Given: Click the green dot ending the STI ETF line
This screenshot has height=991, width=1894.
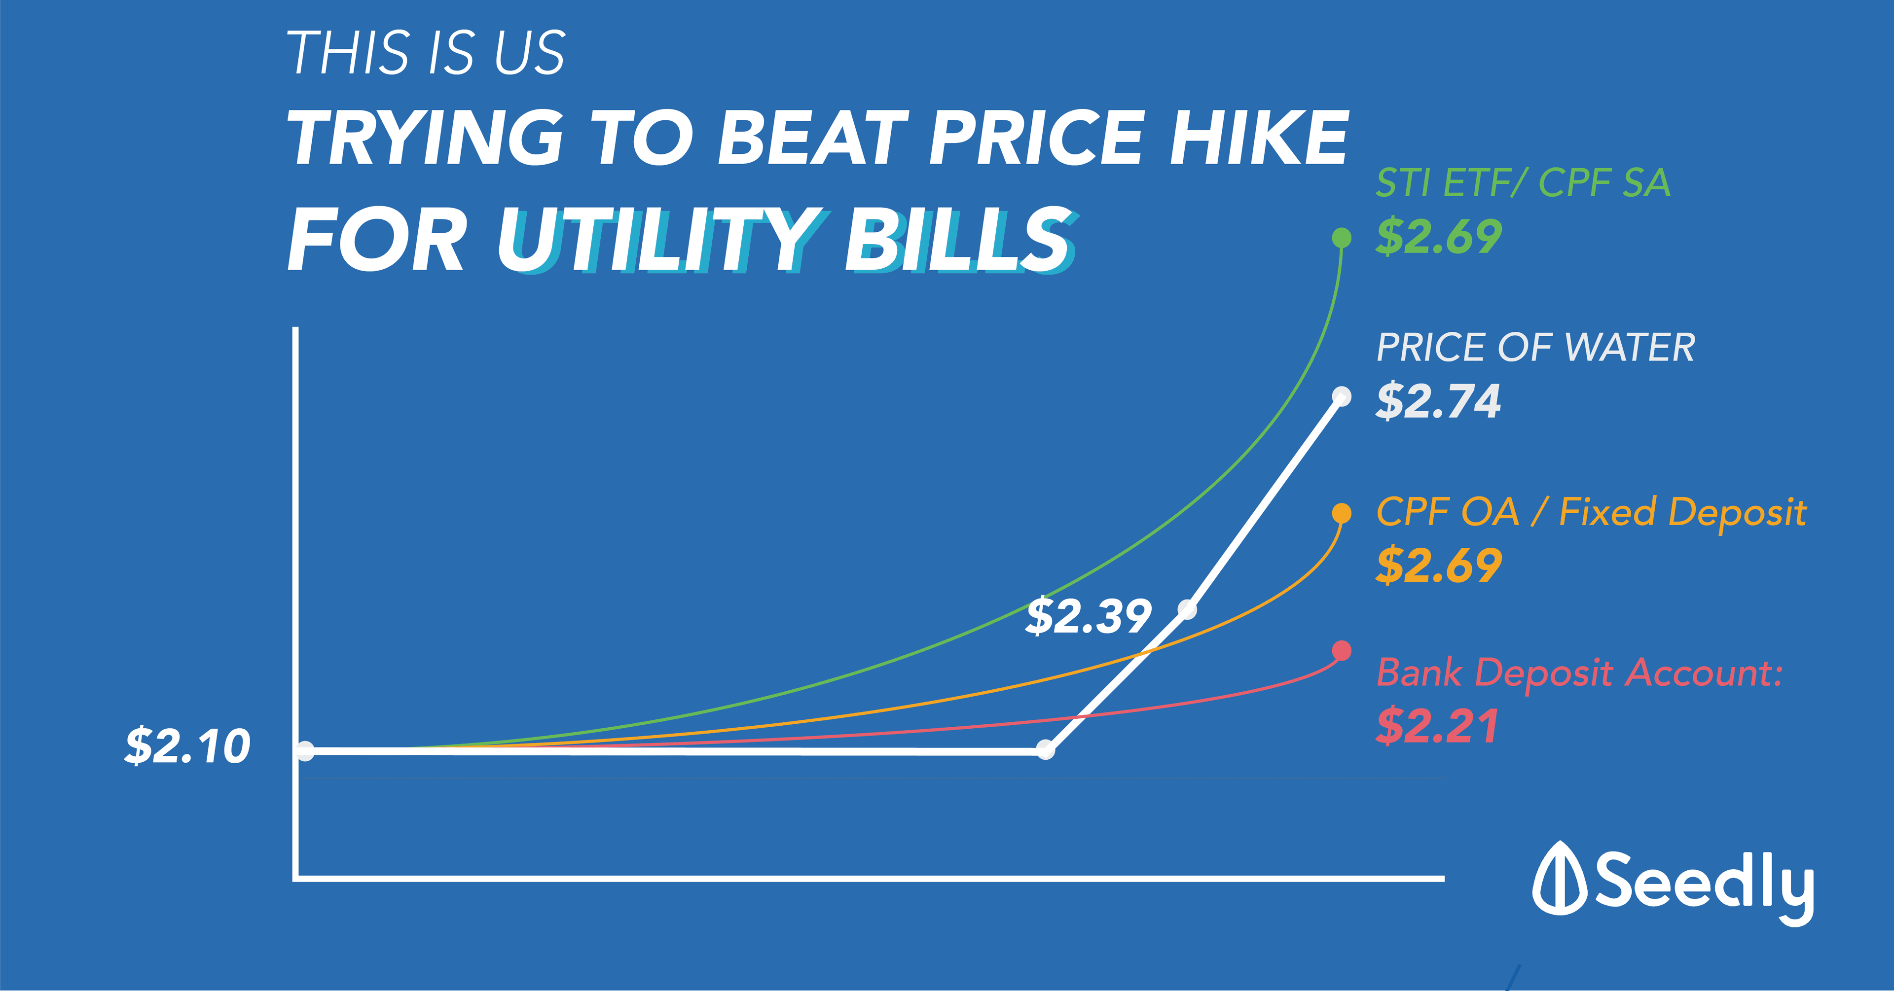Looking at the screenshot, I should pyautogui.click(x=1341, y=238).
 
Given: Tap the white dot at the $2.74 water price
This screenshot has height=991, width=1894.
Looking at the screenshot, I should pyautogui.click(x=1341, y=397).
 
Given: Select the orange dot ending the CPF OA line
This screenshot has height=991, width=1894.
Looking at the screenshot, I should pyautogui.click(x=1341, y=513).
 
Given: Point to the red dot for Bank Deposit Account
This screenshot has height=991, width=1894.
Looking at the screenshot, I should pyautogui.click(x=1341, y=651).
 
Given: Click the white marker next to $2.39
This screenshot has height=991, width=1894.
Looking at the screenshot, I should pyautogui.click(x=1187, y=609).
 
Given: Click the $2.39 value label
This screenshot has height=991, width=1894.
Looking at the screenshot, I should pyautogui.click(x=1088, y=616).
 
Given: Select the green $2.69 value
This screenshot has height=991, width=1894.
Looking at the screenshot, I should pyautogui.click(x=1438, y=237).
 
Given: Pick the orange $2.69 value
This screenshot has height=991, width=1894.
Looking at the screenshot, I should pyautogui.click(x=1438, y=566).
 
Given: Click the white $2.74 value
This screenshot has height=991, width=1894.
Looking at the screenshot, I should pyautogui.click(x=1438, y=401).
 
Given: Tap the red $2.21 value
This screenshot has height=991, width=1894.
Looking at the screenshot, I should pyautogui.click(x=1437, y=726).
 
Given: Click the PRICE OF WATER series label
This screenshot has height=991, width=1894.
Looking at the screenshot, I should pyautogui.click(x=1535, y=348).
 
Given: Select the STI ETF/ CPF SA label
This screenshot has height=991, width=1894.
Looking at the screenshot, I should pyautogui.click(x=1523, y=183).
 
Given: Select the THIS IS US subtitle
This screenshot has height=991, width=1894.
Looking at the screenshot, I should pyautogui.click(x=426, y=53).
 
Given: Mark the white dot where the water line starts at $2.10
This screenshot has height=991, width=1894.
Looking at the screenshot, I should pyautogui.click(x=305, y=750).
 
